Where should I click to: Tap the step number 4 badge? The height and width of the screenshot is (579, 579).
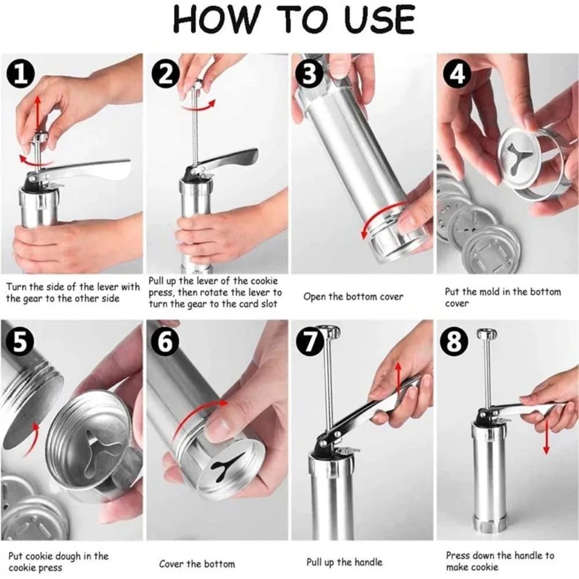pos(458,75)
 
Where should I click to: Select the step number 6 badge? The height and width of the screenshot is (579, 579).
pos(166,342)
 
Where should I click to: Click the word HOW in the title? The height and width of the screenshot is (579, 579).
pos(211,20)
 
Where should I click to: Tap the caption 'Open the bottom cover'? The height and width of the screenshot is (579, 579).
pos(353,297)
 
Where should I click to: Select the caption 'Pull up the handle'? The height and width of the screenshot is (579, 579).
pos(344,562)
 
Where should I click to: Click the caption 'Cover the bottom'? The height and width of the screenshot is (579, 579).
pos(197,563)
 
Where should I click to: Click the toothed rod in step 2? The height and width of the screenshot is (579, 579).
pos(199,133)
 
